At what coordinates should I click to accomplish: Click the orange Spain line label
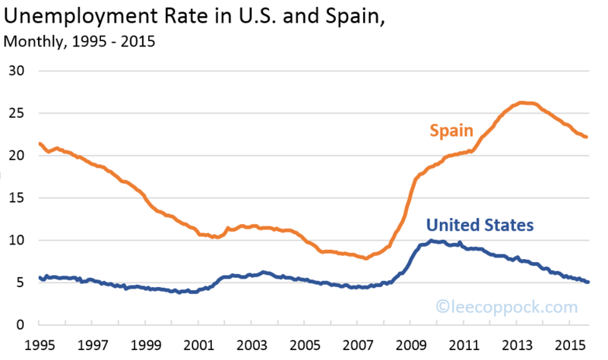coord(452,131)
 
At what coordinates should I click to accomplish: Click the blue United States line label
coord(480,225)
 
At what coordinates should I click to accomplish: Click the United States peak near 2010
coord(432,241)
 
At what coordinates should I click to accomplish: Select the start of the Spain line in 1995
coord(40,144)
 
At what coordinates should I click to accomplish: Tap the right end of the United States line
coord(587,282)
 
